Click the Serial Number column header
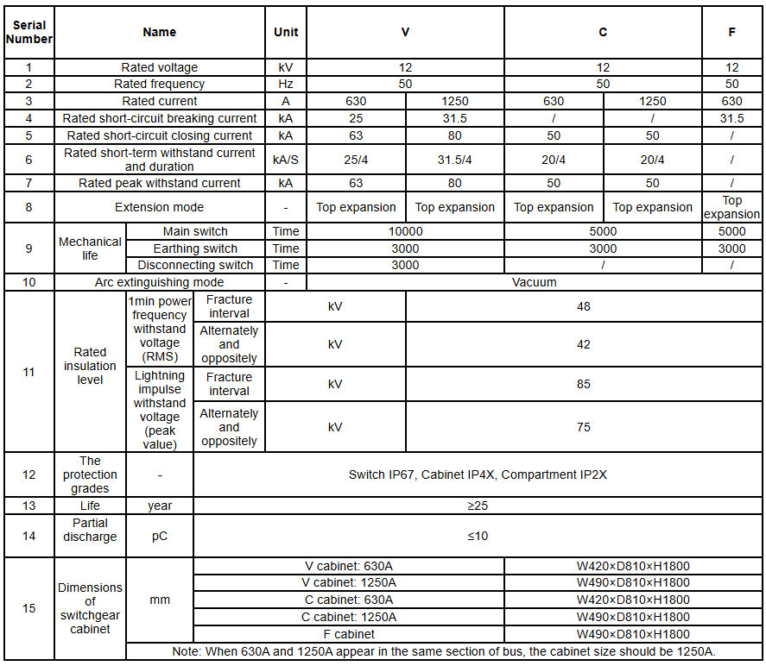pyautogui.click(x=29, y=32)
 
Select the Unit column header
pyautogui.click(x=286, y=32)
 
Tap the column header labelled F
pyautogui.click(x=731, y=32)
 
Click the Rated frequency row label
pyautogui.click(x=160, y=84)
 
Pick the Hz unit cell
pyautogui.click(x=286, y=84)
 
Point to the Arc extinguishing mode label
pyautogui.click(x=160, y=282)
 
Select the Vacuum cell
pyautogui.click(x=534, y=282)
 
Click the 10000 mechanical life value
pyautogui.click(x=405, y=231)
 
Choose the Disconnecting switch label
pyautogui.click(x=195, y=265)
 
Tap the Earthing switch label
pyautogui.click(x=195, y=248)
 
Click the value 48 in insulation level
pyautogui.click(x=584, y=306)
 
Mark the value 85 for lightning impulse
pyautogui.click(x=584, y=384)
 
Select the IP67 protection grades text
pyautogui.click(x=478, y=474)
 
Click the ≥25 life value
pyautogui.click(x=478, y=506)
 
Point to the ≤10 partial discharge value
pyautogui.click(x=478, y=536)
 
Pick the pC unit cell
pyautogui.click(x=160, y=536)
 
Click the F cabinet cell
pyautogui.click(x=349, y=634)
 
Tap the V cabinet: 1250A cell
pyautogui.click(x=349, y=582)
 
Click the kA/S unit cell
pyautogui.click(x=286, y=160)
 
